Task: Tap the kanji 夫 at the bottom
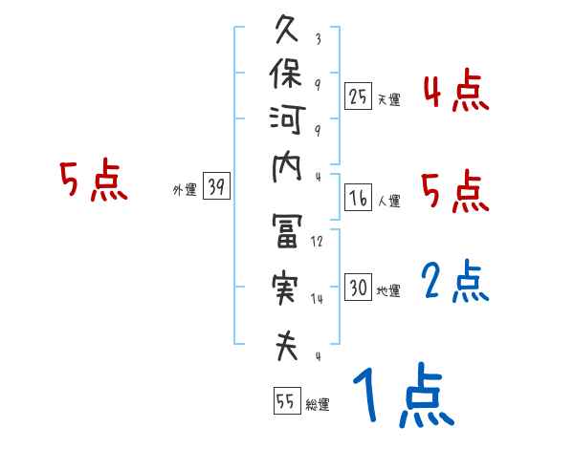pos(288,344)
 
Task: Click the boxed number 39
pos(216,187)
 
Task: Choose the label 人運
pos(388,202)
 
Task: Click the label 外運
pos(184,190)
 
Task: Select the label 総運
pos(317,405)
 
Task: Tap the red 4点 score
pos(454,93)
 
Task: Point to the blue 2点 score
pos(454,283)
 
